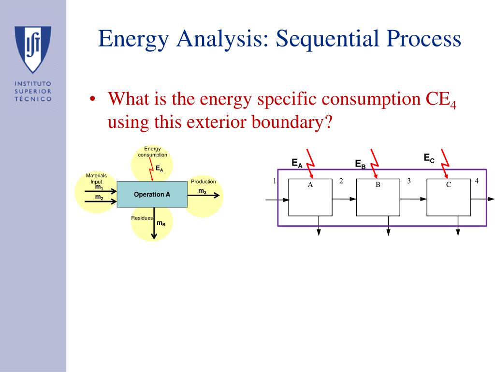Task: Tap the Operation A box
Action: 152,194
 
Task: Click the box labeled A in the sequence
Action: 310,198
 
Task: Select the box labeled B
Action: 378,198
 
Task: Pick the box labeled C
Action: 449,198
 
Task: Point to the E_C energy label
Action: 429,158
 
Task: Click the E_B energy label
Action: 360,164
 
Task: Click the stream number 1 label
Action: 275,181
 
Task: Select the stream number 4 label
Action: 477,181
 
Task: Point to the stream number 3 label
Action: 409,181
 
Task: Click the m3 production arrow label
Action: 203,191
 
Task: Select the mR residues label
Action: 161,223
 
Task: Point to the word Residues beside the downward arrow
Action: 142,218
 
